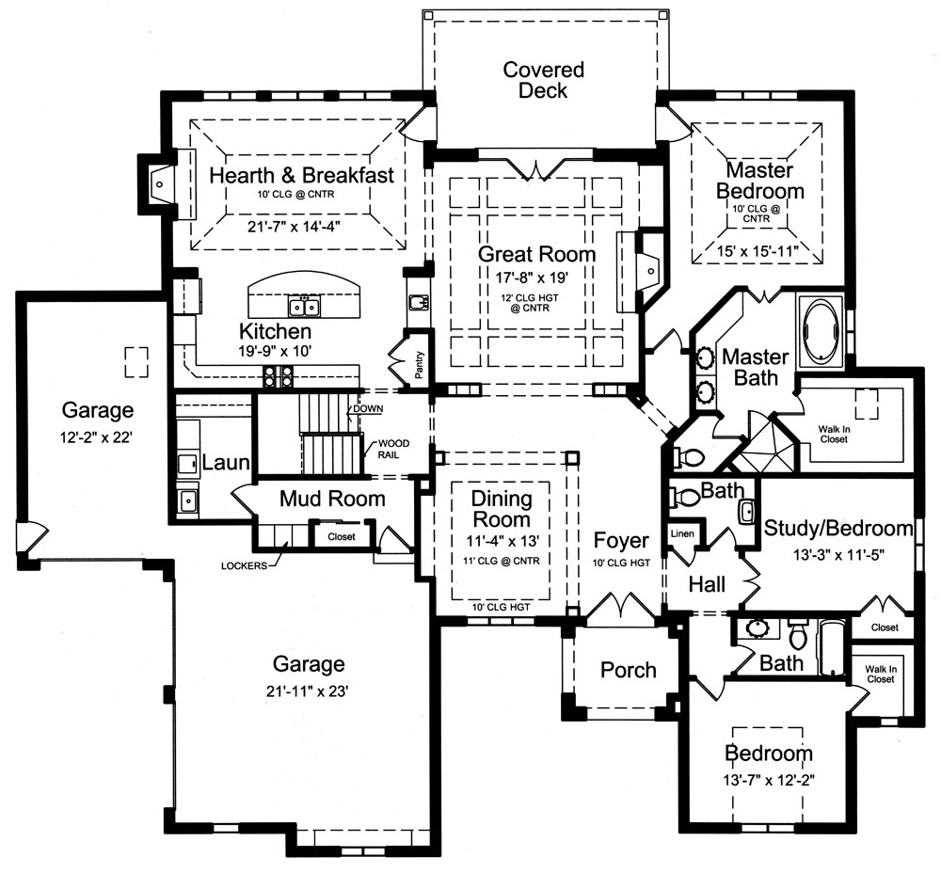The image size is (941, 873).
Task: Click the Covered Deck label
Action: tap(543, 80)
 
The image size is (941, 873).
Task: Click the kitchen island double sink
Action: tap(304, 307)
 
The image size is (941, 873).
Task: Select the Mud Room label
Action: tap(332, 499)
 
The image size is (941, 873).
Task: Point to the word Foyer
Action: tap(621, 540)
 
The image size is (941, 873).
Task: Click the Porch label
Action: tap(628, 670)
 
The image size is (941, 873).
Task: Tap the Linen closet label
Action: tap(681, 534)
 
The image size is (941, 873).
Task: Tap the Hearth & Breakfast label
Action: tap(301, 176)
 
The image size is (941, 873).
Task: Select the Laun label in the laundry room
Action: tap(226, 462)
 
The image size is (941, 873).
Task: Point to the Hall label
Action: tap(706, 584)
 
